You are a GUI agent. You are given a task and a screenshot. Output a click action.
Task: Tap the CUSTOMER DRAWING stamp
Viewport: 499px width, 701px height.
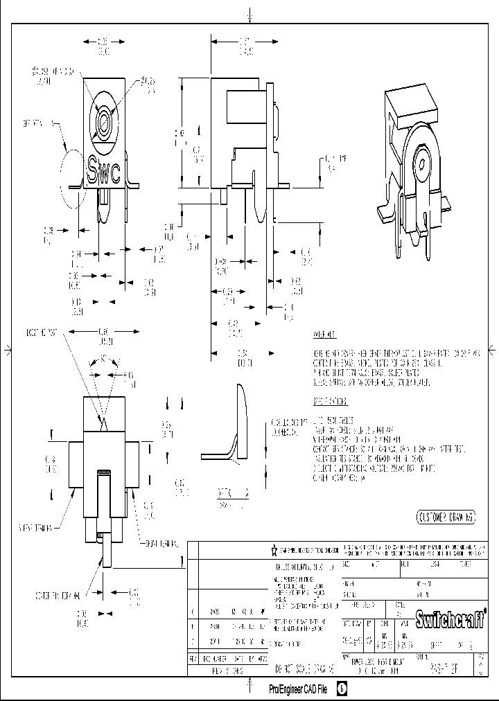446,517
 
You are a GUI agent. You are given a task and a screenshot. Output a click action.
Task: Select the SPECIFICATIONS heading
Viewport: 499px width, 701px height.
330,401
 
